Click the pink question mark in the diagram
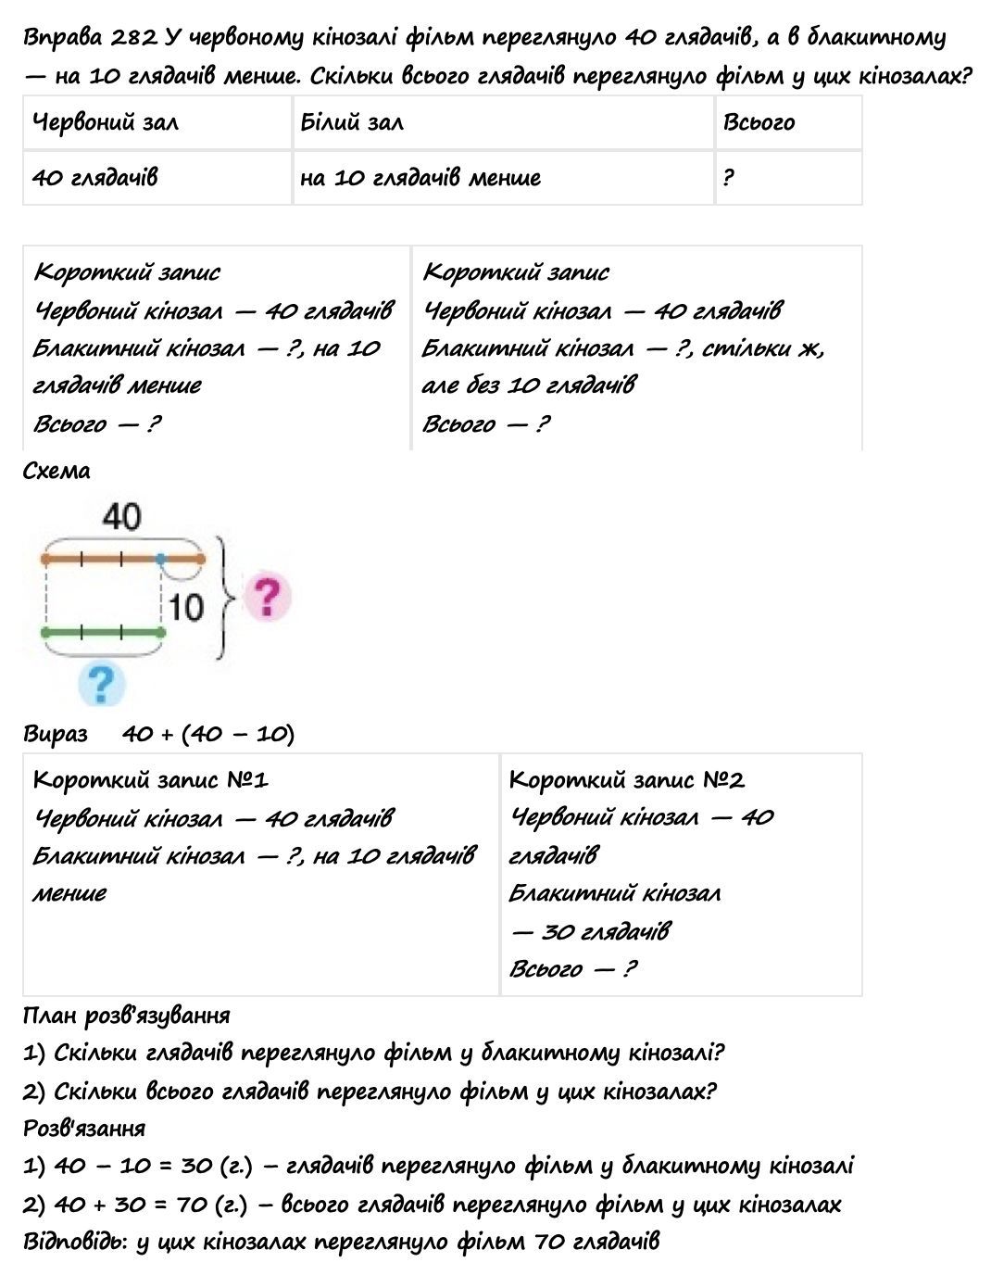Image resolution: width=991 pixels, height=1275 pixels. coord(266,598)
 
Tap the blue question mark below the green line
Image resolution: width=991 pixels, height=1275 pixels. coord(101,684)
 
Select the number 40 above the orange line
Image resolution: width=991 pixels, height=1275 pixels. coord(122,516)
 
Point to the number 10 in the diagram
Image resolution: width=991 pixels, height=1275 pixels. coord(186,607)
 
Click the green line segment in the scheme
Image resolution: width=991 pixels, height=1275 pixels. coord(103,633)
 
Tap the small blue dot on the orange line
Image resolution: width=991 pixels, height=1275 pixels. coord(161,559)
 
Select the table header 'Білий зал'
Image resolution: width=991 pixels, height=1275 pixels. coord(352,122)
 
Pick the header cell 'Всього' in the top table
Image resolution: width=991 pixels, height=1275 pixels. coord(759,122)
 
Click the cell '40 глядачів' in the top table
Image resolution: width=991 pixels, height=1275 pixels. coord(94,177)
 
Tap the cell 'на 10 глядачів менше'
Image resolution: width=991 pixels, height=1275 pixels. coord(420,177)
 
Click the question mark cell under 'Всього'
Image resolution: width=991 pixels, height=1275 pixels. coord(729,177)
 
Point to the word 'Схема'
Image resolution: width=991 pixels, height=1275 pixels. coord(56,471)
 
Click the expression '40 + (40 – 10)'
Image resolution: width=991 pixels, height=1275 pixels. coord(208,734)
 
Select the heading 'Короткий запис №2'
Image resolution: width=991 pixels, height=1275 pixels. coord(626,779)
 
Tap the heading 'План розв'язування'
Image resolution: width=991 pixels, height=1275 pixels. coord(126,1016)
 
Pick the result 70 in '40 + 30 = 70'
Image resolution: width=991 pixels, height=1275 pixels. coord(190,1205)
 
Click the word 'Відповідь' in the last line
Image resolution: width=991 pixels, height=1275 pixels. coord(74,1242)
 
